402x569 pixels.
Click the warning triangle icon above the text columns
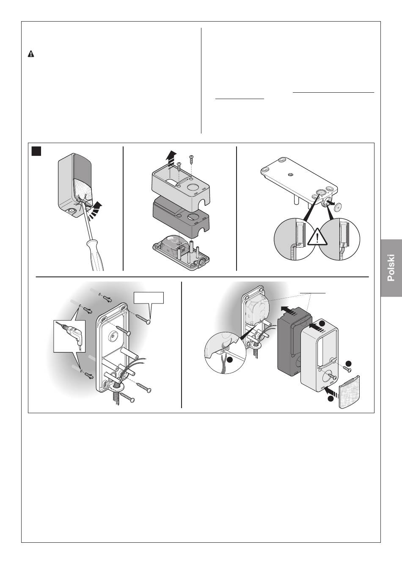pos(31,54)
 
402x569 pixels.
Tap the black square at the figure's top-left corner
pos(36,151)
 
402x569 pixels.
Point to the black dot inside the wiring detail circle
pos(229,359)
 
